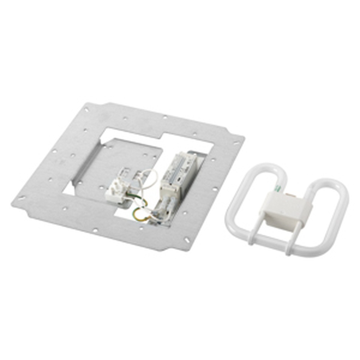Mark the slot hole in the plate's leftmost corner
(x=21, y=198)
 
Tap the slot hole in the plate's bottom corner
(x=188, y=240)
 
